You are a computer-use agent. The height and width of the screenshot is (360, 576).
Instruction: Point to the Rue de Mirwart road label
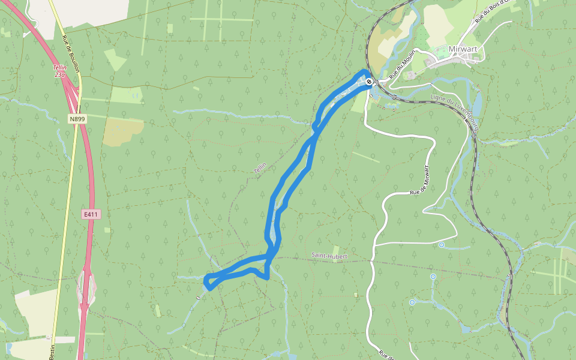point(420,179)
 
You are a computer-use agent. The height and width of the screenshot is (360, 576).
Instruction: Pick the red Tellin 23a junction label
point(59,71)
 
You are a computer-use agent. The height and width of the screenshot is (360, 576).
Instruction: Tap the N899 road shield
point(77,119)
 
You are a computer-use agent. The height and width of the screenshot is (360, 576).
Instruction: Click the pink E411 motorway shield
point(90,214)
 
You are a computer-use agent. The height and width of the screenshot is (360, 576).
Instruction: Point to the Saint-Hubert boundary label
point(329,256)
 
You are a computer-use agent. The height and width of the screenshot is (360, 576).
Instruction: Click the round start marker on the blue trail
point(369,82)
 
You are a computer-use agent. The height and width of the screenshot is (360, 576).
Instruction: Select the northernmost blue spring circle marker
point(442,245)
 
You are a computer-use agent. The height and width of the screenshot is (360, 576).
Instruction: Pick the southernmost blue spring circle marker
point(412,302)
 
